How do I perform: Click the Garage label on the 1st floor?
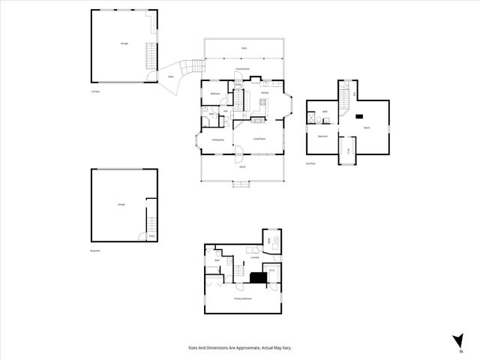click(x=124, y=43)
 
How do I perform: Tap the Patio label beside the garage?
click(x=171, y=76)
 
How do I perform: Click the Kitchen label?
click(x=265, y=93)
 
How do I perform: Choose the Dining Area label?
click(x=217, y=139)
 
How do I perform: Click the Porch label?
click(x=243, y=166)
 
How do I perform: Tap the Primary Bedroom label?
click(x=242, y=298)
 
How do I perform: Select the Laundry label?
click(x=255, y=257)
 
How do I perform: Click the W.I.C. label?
click(x=272, y=270)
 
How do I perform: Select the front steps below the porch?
click(x=242, y=184)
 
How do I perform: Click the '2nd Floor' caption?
click(x=310, y=163)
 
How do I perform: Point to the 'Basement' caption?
click(x=94, y=250)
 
